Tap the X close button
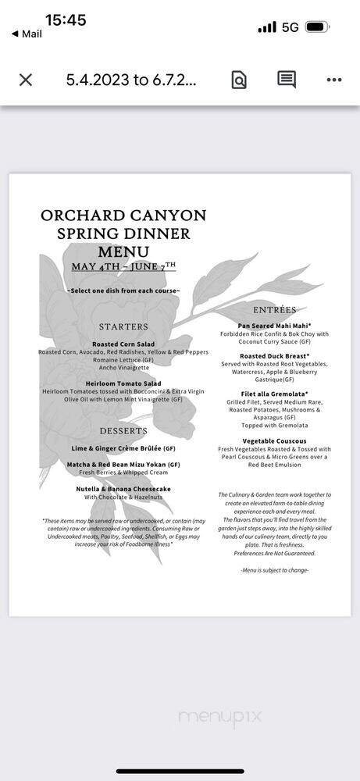click(26, 80)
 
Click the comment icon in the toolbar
click(287, 80)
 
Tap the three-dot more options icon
click(334, 80)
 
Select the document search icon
click(239, 80)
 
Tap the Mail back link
click(27, 34)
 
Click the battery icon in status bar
click(317, 27)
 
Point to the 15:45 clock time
click(66, 20)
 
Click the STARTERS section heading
click(123, 326)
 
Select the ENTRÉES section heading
click(274, 309)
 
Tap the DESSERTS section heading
click(123, 431)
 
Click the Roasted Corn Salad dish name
click(123, 344)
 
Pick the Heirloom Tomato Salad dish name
click(123, 383)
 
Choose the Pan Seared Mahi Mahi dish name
click(275, 326)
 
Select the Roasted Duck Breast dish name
click(275, 356)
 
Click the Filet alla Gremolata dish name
click(275, 394)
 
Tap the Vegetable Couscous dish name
click(274, 441)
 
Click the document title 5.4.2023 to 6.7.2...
click(130, 80)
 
